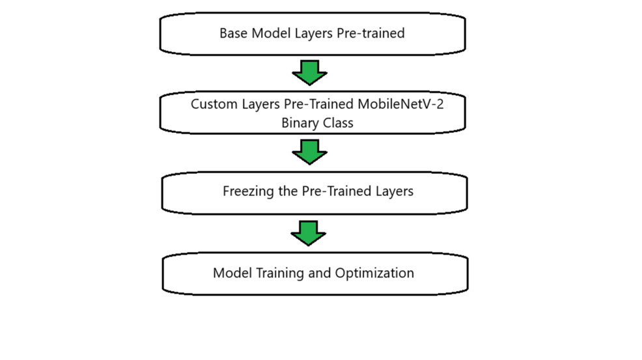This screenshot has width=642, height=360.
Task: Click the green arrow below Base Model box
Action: (x=310, y=72)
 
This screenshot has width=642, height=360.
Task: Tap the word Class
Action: (x=337, y=123)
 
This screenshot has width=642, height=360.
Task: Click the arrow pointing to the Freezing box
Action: (x=310, y=152)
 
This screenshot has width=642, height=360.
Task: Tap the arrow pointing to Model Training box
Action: (x=309, y=233)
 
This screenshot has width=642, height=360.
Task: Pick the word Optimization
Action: (x=374, y=273)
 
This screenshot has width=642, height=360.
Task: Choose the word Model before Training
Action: (x=232, y=273)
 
